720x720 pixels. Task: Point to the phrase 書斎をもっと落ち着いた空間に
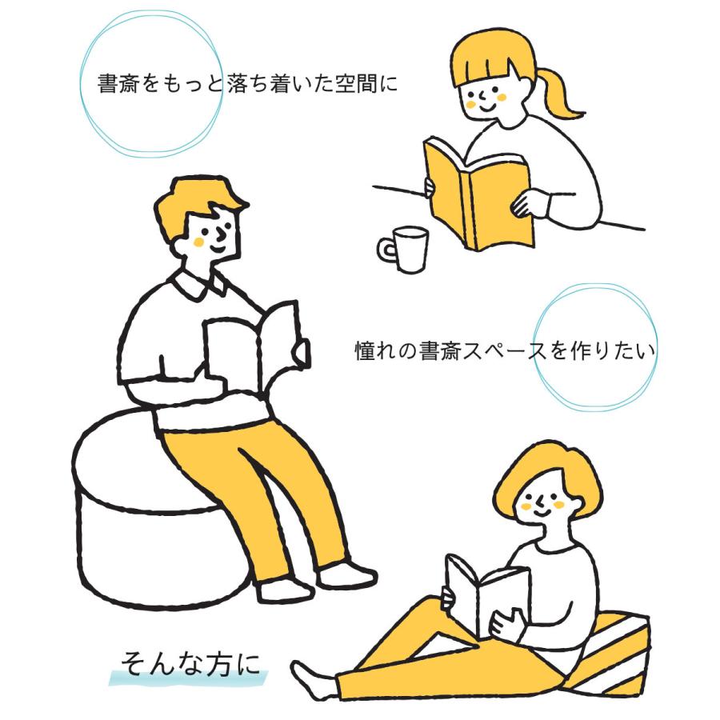246,84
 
